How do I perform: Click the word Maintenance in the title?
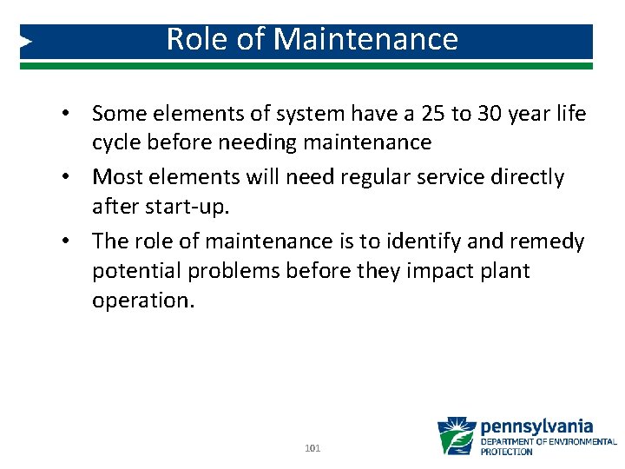[366, 40]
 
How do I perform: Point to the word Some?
[118, 114]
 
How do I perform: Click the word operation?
[144, 301]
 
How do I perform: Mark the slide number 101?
[312, 448]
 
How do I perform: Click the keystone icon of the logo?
[457, 436]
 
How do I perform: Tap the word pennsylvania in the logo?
[536, 426]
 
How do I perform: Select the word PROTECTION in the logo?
[507, 452]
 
